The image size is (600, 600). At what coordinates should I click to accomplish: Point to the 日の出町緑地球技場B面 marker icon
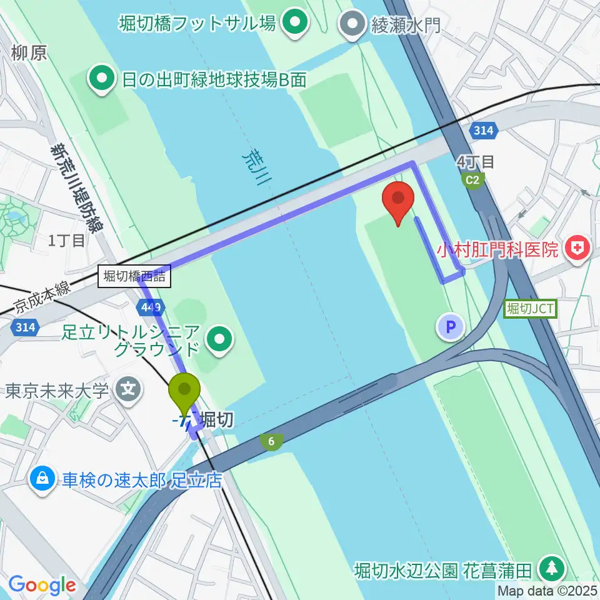click(100, 79)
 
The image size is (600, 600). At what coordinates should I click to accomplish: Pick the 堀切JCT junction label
click(531, 308)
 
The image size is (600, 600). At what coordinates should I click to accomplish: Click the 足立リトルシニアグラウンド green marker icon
click(220, 339)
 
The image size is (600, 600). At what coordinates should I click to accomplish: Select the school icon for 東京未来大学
click(129, 391)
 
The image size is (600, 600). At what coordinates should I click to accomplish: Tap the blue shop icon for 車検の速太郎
click(42, 480)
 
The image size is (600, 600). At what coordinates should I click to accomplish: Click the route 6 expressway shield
click(271, 442)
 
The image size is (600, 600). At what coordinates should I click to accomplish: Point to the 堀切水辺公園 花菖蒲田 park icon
click(552, 569)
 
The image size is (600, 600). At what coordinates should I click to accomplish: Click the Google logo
click(42, 585)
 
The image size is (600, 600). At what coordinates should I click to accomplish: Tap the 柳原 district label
click(28, 52)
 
